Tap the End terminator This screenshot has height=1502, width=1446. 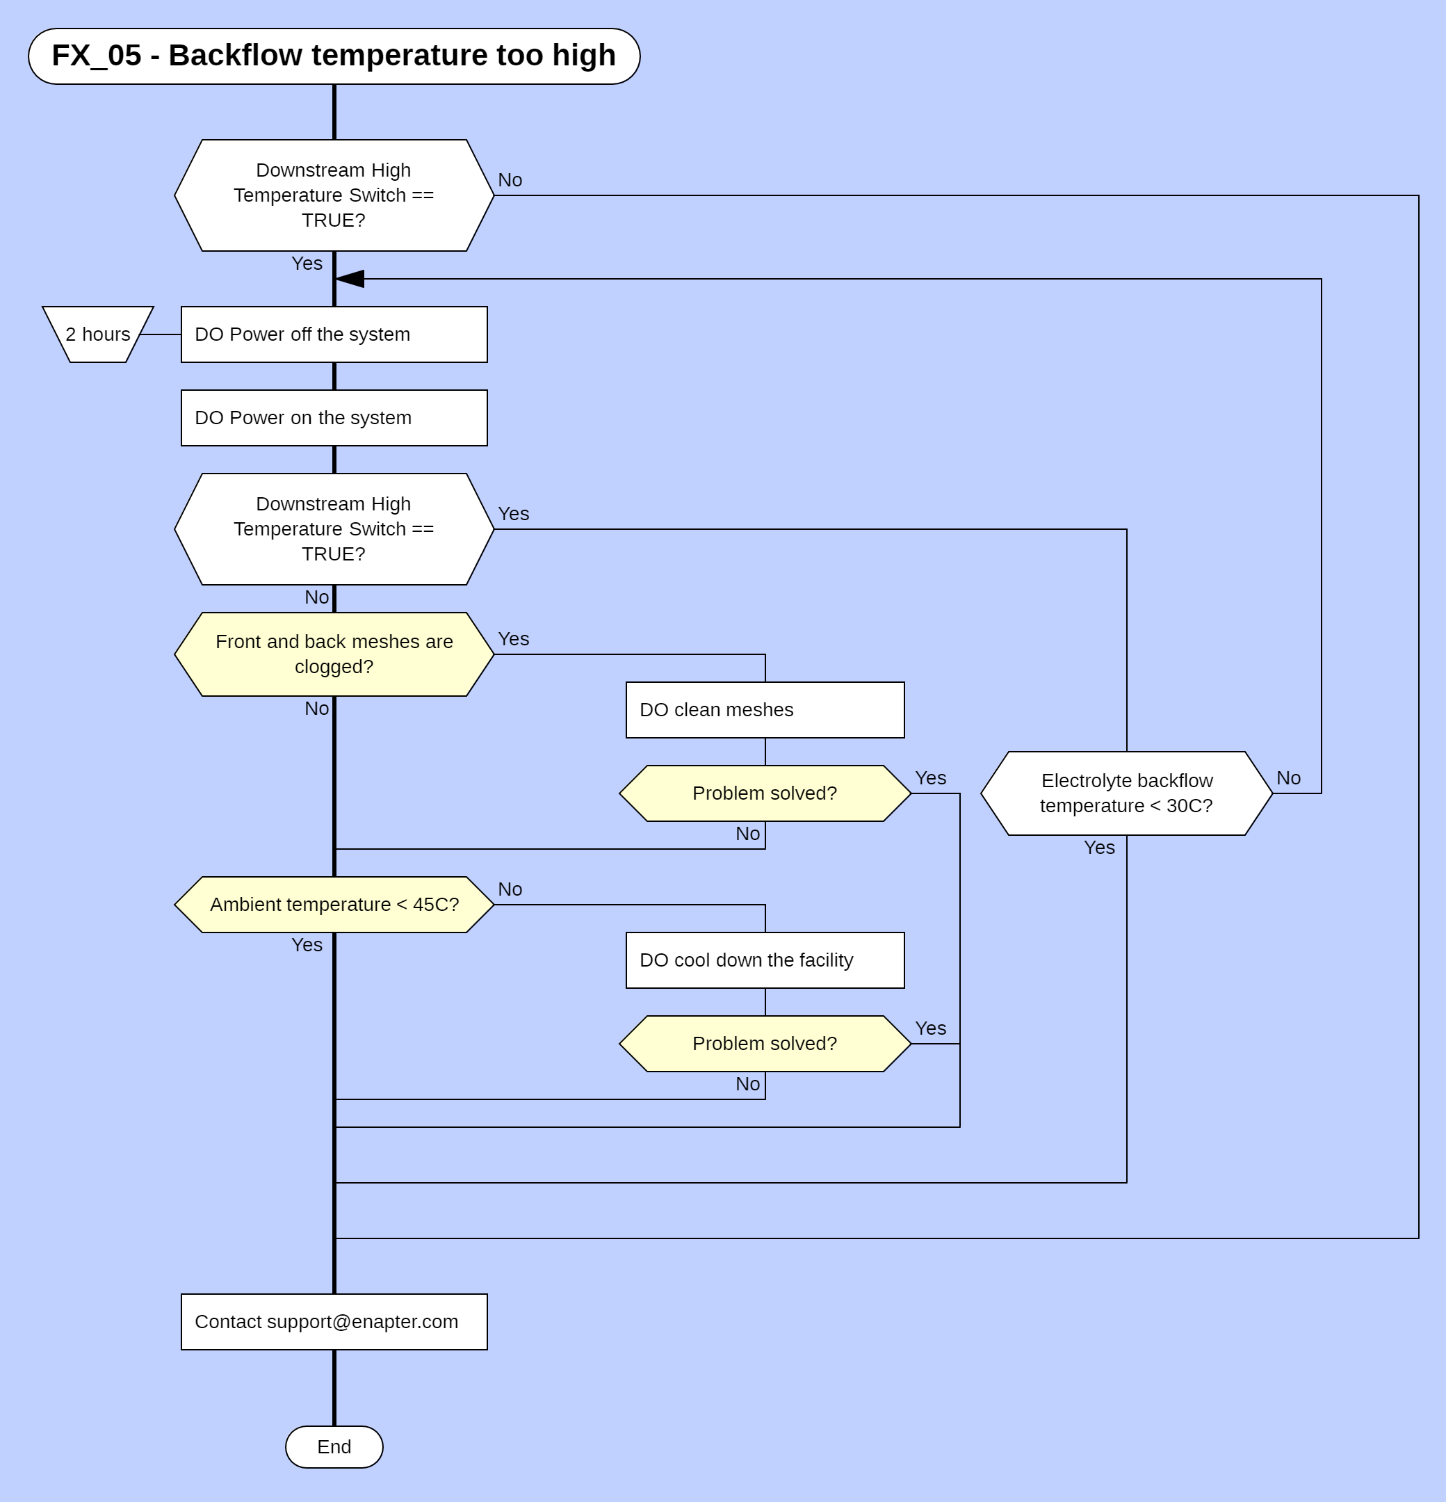334,1447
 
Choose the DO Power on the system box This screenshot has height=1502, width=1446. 334,418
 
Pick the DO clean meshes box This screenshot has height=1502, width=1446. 765,709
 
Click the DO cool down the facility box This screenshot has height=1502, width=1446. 765,960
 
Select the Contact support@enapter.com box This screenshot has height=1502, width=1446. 334,1322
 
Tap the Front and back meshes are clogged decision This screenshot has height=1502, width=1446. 334,654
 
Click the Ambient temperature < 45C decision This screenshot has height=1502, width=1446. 334,904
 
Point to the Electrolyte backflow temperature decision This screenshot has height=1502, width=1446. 1126,793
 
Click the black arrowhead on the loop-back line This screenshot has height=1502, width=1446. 351,279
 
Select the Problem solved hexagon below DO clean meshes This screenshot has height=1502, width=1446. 765,793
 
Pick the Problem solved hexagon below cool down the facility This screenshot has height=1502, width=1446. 765,1044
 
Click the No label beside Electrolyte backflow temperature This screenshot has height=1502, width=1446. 1288,779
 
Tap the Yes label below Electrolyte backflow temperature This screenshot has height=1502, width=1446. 1099,848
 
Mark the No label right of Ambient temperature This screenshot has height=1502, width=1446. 510,889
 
